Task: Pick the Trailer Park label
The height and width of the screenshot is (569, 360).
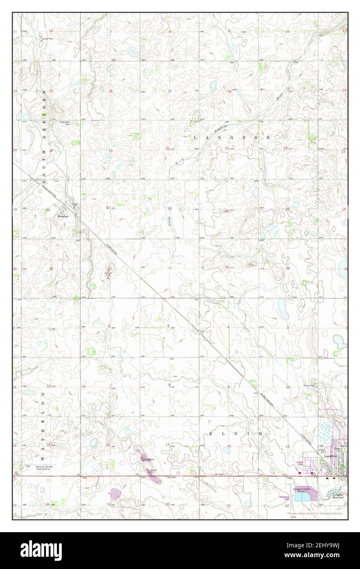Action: (x=299, y=463)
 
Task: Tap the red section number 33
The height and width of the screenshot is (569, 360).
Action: (x=226, y=267)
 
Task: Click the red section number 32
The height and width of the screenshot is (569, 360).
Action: (x=169, y=268)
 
